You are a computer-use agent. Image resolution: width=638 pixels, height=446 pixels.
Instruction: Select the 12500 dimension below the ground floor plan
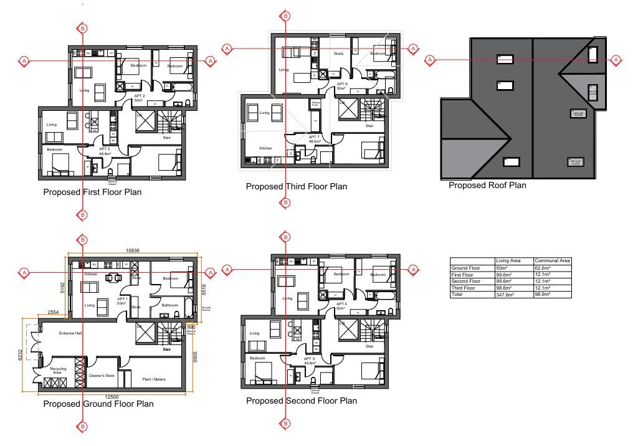click(x=112, y=397)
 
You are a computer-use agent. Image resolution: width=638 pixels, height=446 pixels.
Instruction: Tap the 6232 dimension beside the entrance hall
click(x=20, y=356)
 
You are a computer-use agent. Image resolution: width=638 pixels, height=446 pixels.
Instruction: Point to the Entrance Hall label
click(x=71, y=334)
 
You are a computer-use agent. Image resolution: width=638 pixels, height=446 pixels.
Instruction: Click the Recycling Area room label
click(x=58, y=371)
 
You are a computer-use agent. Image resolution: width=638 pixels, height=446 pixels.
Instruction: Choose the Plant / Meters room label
click(x=154, y=378)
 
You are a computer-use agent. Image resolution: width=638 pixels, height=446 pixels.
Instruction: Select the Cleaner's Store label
click(x=102, y=376)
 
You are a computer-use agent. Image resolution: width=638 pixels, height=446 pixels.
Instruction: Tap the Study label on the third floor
click(x=339, y=54)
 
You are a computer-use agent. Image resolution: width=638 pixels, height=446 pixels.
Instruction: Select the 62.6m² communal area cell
click(x=543, y=268)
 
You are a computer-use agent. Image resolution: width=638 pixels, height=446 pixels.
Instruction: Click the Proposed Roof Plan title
click(x=487, y=185)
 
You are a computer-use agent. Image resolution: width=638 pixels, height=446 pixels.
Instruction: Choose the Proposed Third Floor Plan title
click(x=296, y=186)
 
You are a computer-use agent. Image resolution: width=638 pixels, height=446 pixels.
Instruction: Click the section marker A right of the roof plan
click(x=616, y=60)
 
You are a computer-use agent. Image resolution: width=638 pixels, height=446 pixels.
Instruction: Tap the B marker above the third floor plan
click(x=285, y=16)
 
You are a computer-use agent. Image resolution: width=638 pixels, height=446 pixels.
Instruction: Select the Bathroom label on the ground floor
click(x=170, y=305)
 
